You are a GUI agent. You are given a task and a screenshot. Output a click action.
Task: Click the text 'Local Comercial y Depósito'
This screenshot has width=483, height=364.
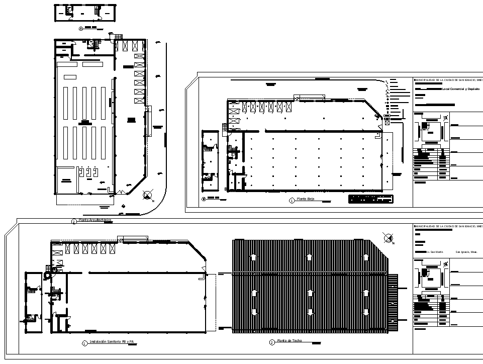coord(460,89)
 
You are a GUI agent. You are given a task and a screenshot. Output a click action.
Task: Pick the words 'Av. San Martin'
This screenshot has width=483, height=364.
coord(434,251)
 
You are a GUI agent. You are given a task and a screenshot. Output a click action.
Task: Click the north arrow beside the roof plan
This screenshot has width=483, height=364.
coord(388,238)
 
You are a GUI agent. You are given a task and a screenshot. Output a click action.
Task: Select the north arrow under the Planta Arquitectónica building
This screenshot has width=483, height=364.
coord(147,195)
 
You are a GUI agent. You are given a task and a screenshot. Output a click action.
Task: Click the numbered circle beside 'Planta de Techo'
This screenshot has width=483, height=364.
coord(272,342)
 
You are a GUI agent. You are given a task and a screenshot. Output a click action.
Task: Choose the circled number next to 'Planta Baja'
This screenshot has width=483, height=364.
coord(292,200)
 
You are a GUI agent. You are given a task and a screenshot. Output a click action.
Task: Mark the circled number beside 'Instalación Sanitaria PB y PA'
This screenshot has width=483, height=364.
coord(84,343)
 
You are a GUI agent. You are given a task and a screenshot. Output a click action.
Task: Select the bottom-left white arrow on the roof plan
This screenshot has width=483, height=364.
coord(254,312)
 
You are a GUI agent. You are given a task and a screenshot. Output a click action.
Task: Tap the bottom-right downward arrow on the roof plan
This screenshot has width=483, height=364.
coord(364,312)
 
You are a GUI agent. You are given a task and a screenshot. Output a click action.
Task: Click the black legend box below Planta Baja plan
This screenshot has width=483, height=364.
coord(371,199)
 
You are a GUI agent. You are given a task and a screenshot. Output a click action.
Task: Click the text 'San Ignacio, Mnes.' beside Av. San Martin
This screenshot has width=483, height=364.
coord(466,251)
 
